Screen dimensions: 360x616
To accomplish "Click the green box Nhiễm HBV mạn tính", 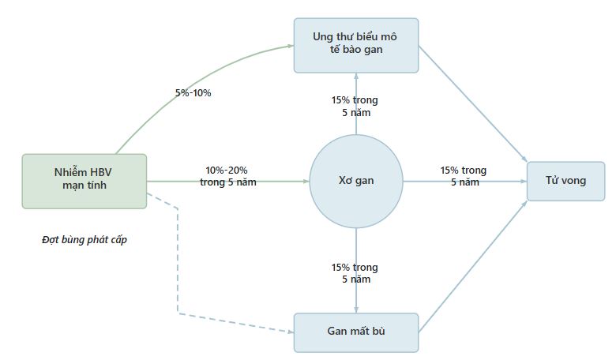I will [x=84, y=181].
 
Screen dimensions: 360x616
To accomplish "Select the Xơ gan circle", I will [x=355, y=181].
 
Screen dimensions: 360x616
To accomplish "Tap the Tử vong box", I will [x=565, y=181].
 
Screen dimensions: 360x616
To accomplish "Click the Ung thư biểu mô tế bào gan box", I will [x=355, y=45].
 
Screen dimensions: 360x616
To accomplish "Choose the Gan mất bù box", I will [x=355, y=332].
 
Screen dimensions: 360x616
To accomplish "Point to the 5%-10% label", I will [x=193, y=93].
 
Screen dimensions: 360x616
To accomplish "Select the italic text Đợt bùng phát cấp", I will [x=85, y=240].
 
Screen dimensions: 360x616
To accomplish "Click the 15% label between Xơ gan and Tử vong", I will [x=464, y=176].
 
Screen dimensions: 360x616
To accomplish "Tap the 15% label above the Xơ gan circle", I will [x=355, y=106].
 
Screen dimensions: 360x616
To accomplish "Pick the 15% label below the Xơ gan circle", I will [x=355, y=272].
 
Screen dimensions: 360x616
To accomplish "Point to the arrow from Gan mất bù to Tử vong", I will [x=474, y=265].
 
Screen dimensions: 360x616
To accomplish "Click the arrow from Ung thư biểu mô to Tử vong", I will [x=474, y=103].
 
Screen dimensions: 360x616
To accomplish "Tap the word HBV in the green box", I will [x=100, y=174].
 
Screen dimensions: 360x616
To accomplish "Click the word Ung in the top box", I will [x=321, y=37].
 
